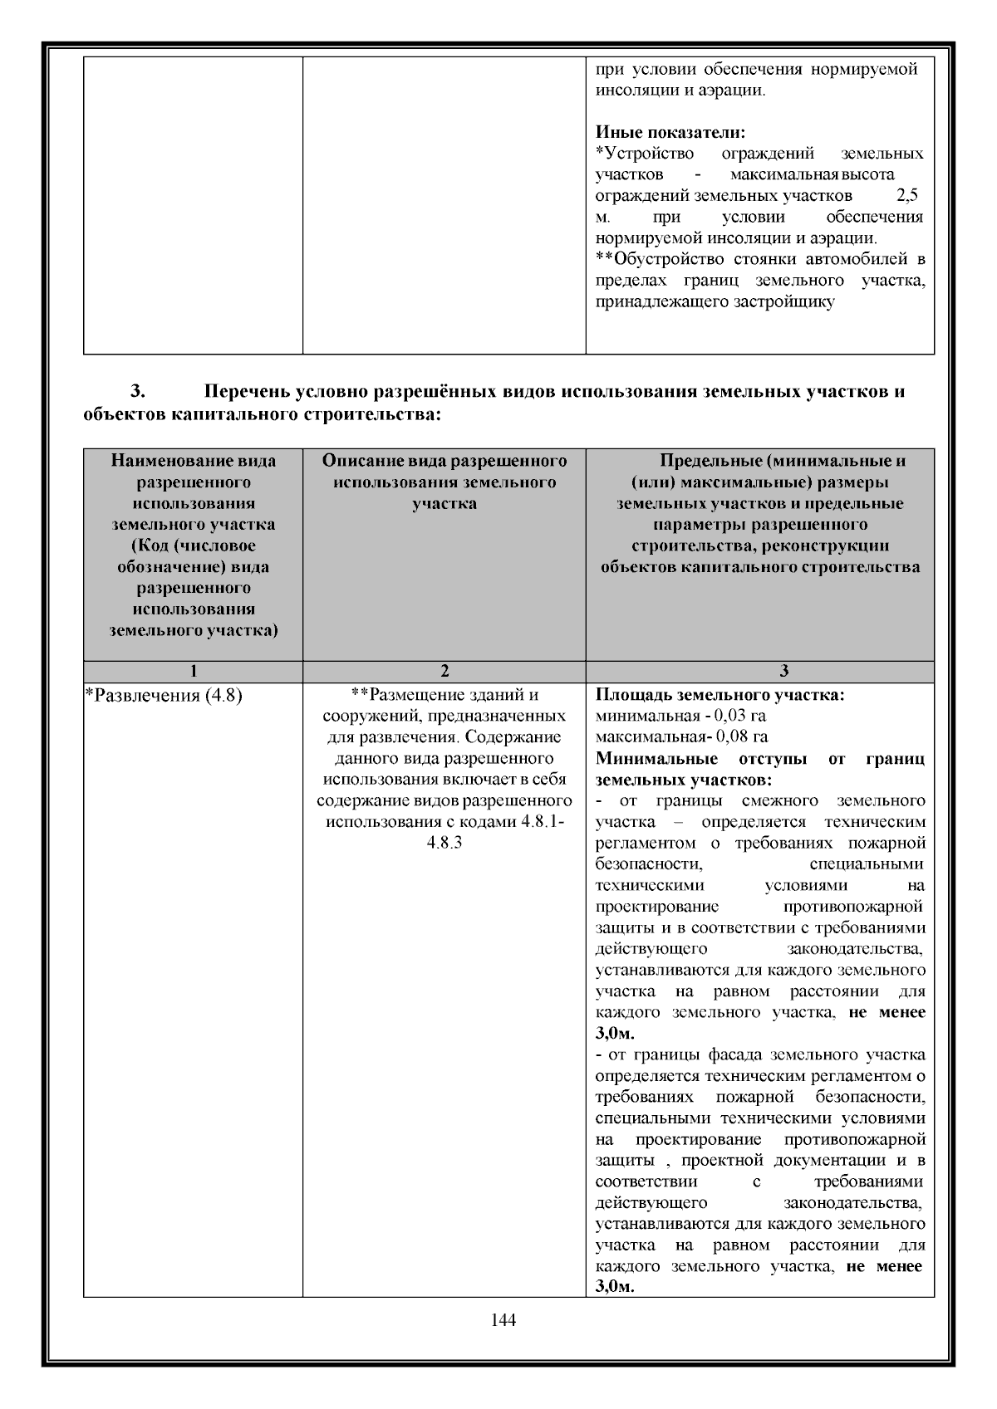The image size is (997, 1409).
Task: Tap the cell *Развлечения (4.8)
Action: (x=165, y=695)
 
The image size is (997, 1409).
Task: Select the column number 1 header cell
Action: (x=193, y=671)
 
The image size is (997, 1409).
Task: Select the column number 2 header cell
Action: (x=444, y=671)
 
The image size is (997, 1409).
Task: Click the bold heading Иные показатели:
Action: (x=670, y=132)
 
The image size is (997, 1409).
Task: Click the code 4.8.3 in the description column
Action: (x=444, y=843)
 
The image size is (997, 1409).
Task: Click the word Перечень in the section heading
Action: (x=253, y=390)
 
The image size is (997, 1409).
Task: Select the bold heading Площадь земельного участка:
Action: (x=720, y=695)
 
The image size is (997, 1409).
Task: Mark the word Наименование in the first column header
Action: (x=161, y=461)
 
